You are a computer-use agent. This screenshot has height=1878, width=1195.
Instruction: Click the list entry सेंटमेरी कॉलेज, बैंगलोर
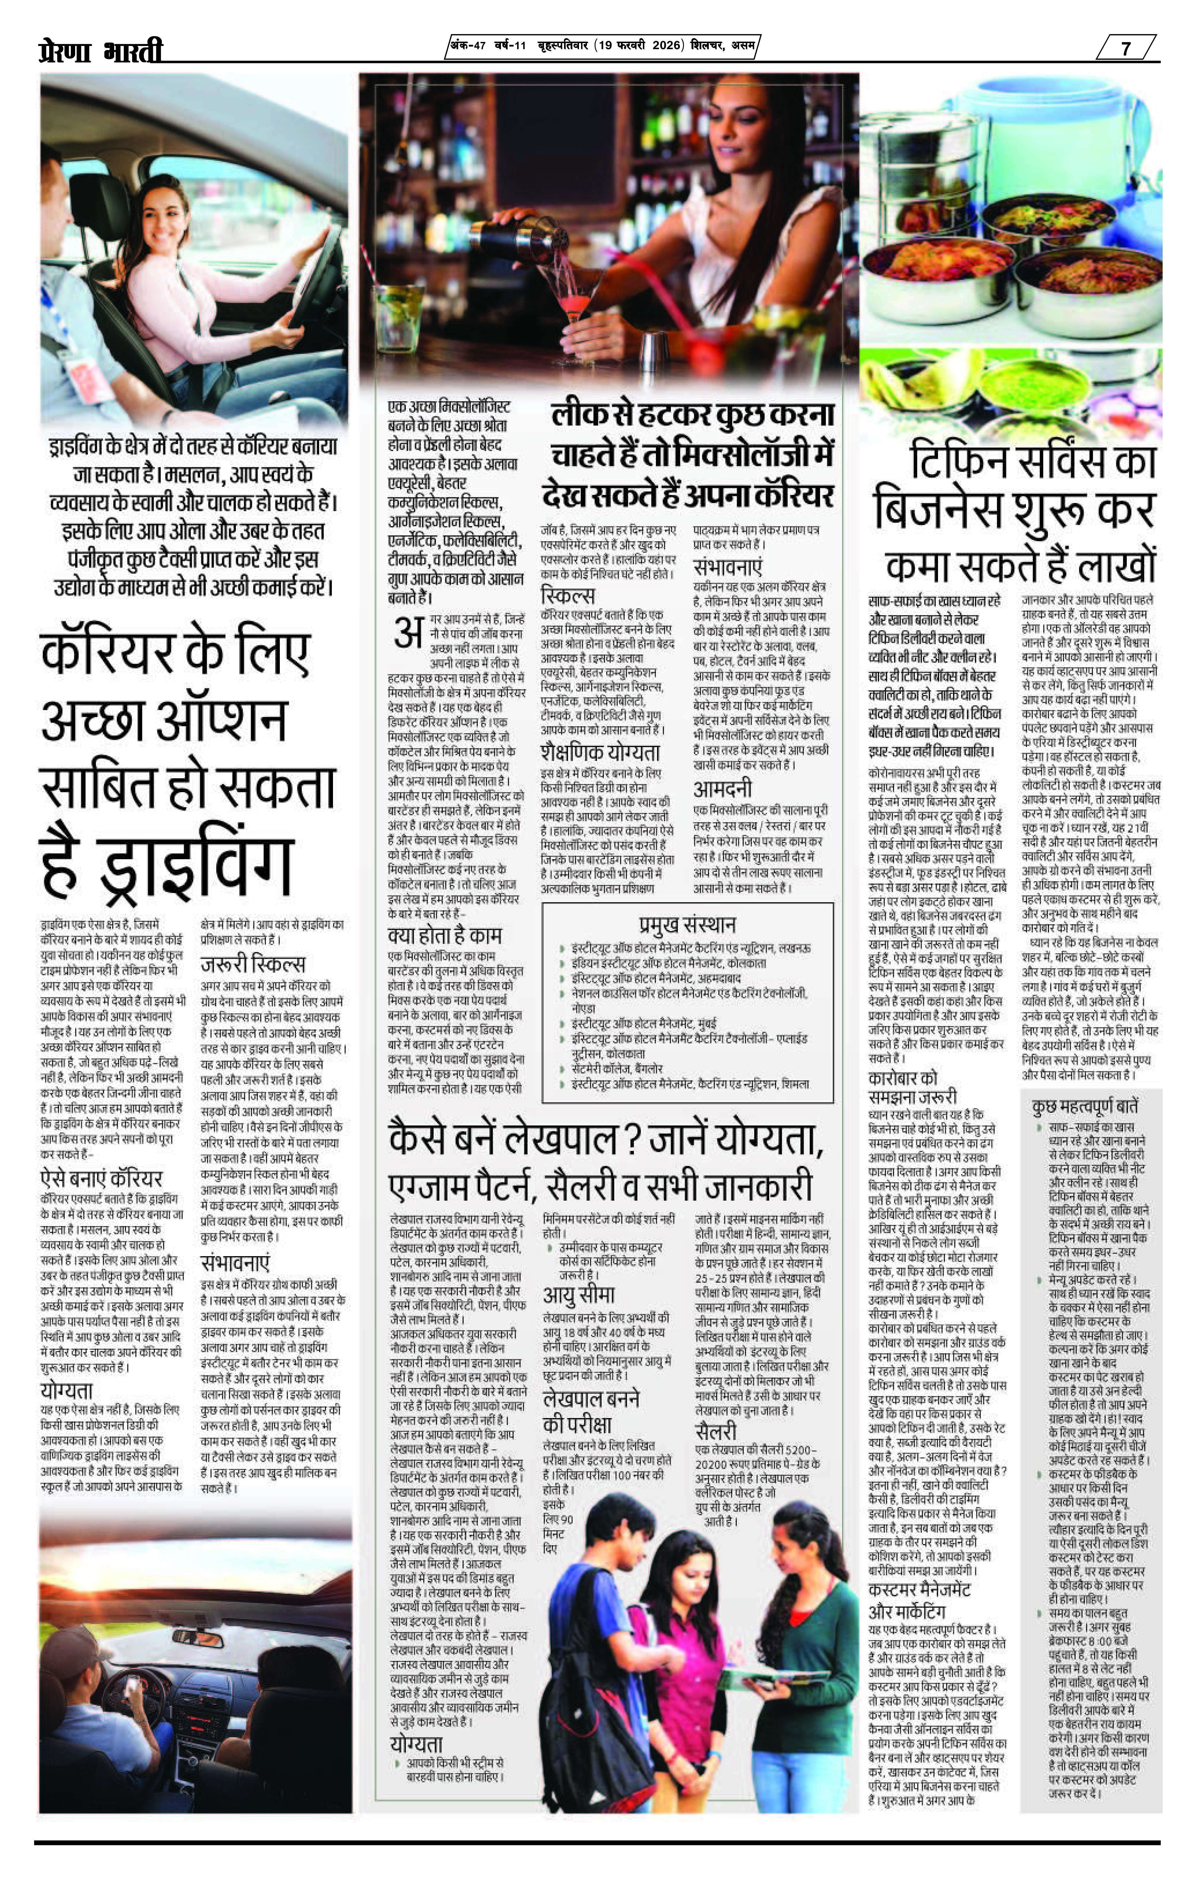(616, 1069)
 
